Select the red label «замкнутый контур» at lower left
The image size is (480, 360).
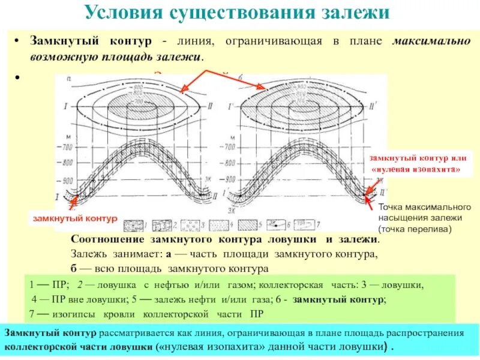click(74, 218)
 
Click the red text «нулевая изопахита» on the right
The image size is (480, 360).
click(415, 170)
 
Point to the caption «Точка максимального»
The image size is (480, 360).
click(424, 207)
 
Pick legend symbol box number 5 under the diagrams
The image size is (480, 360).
click(275, 224)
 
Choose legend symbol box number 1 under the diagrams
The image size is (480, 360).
click(133, 225)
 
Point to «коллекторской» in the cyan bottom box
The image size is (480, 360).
click(41, 347)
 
